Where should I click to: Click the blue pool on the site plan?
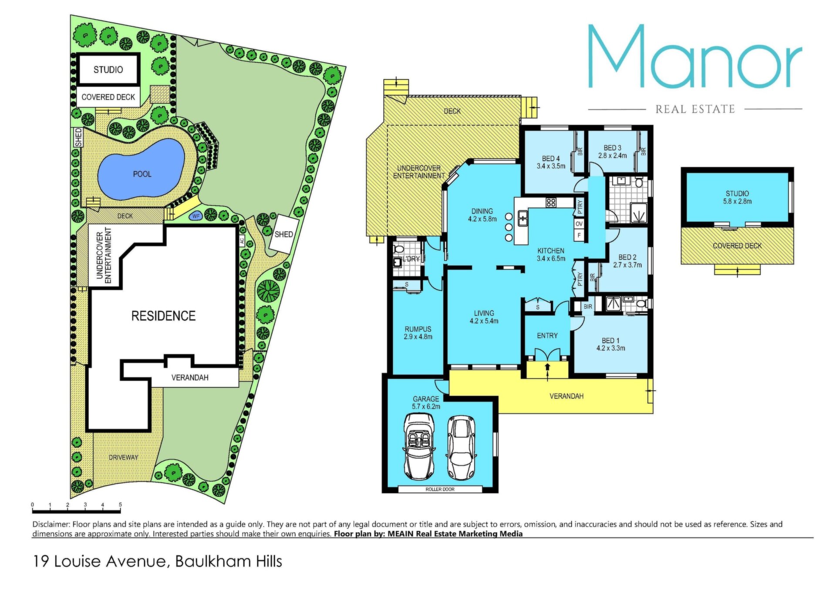141,169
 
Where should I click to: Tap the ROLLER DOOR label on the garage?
440,489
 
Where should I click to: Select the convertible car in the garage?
419,447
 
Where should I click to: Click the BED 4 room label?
551,159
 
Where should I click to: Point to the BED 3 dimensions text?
612,155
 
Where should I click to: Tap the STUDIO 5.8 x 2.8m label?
737,197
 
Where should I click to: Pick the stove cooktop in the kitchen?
551,203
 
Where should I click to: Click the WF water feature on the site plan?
196,216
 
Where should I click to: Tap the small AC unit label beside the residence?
242,241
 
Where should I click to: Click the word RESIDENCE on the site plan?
163,316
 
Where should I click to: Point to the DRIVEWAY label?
123,457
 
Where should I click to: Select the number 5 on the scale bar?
120,505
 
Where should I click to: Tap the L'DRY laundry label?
411,259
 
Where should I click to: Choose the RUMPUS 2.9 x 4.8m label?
418,333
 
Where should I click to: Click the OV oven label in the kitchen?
579,224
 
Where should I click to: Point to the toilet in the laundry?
398,249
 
